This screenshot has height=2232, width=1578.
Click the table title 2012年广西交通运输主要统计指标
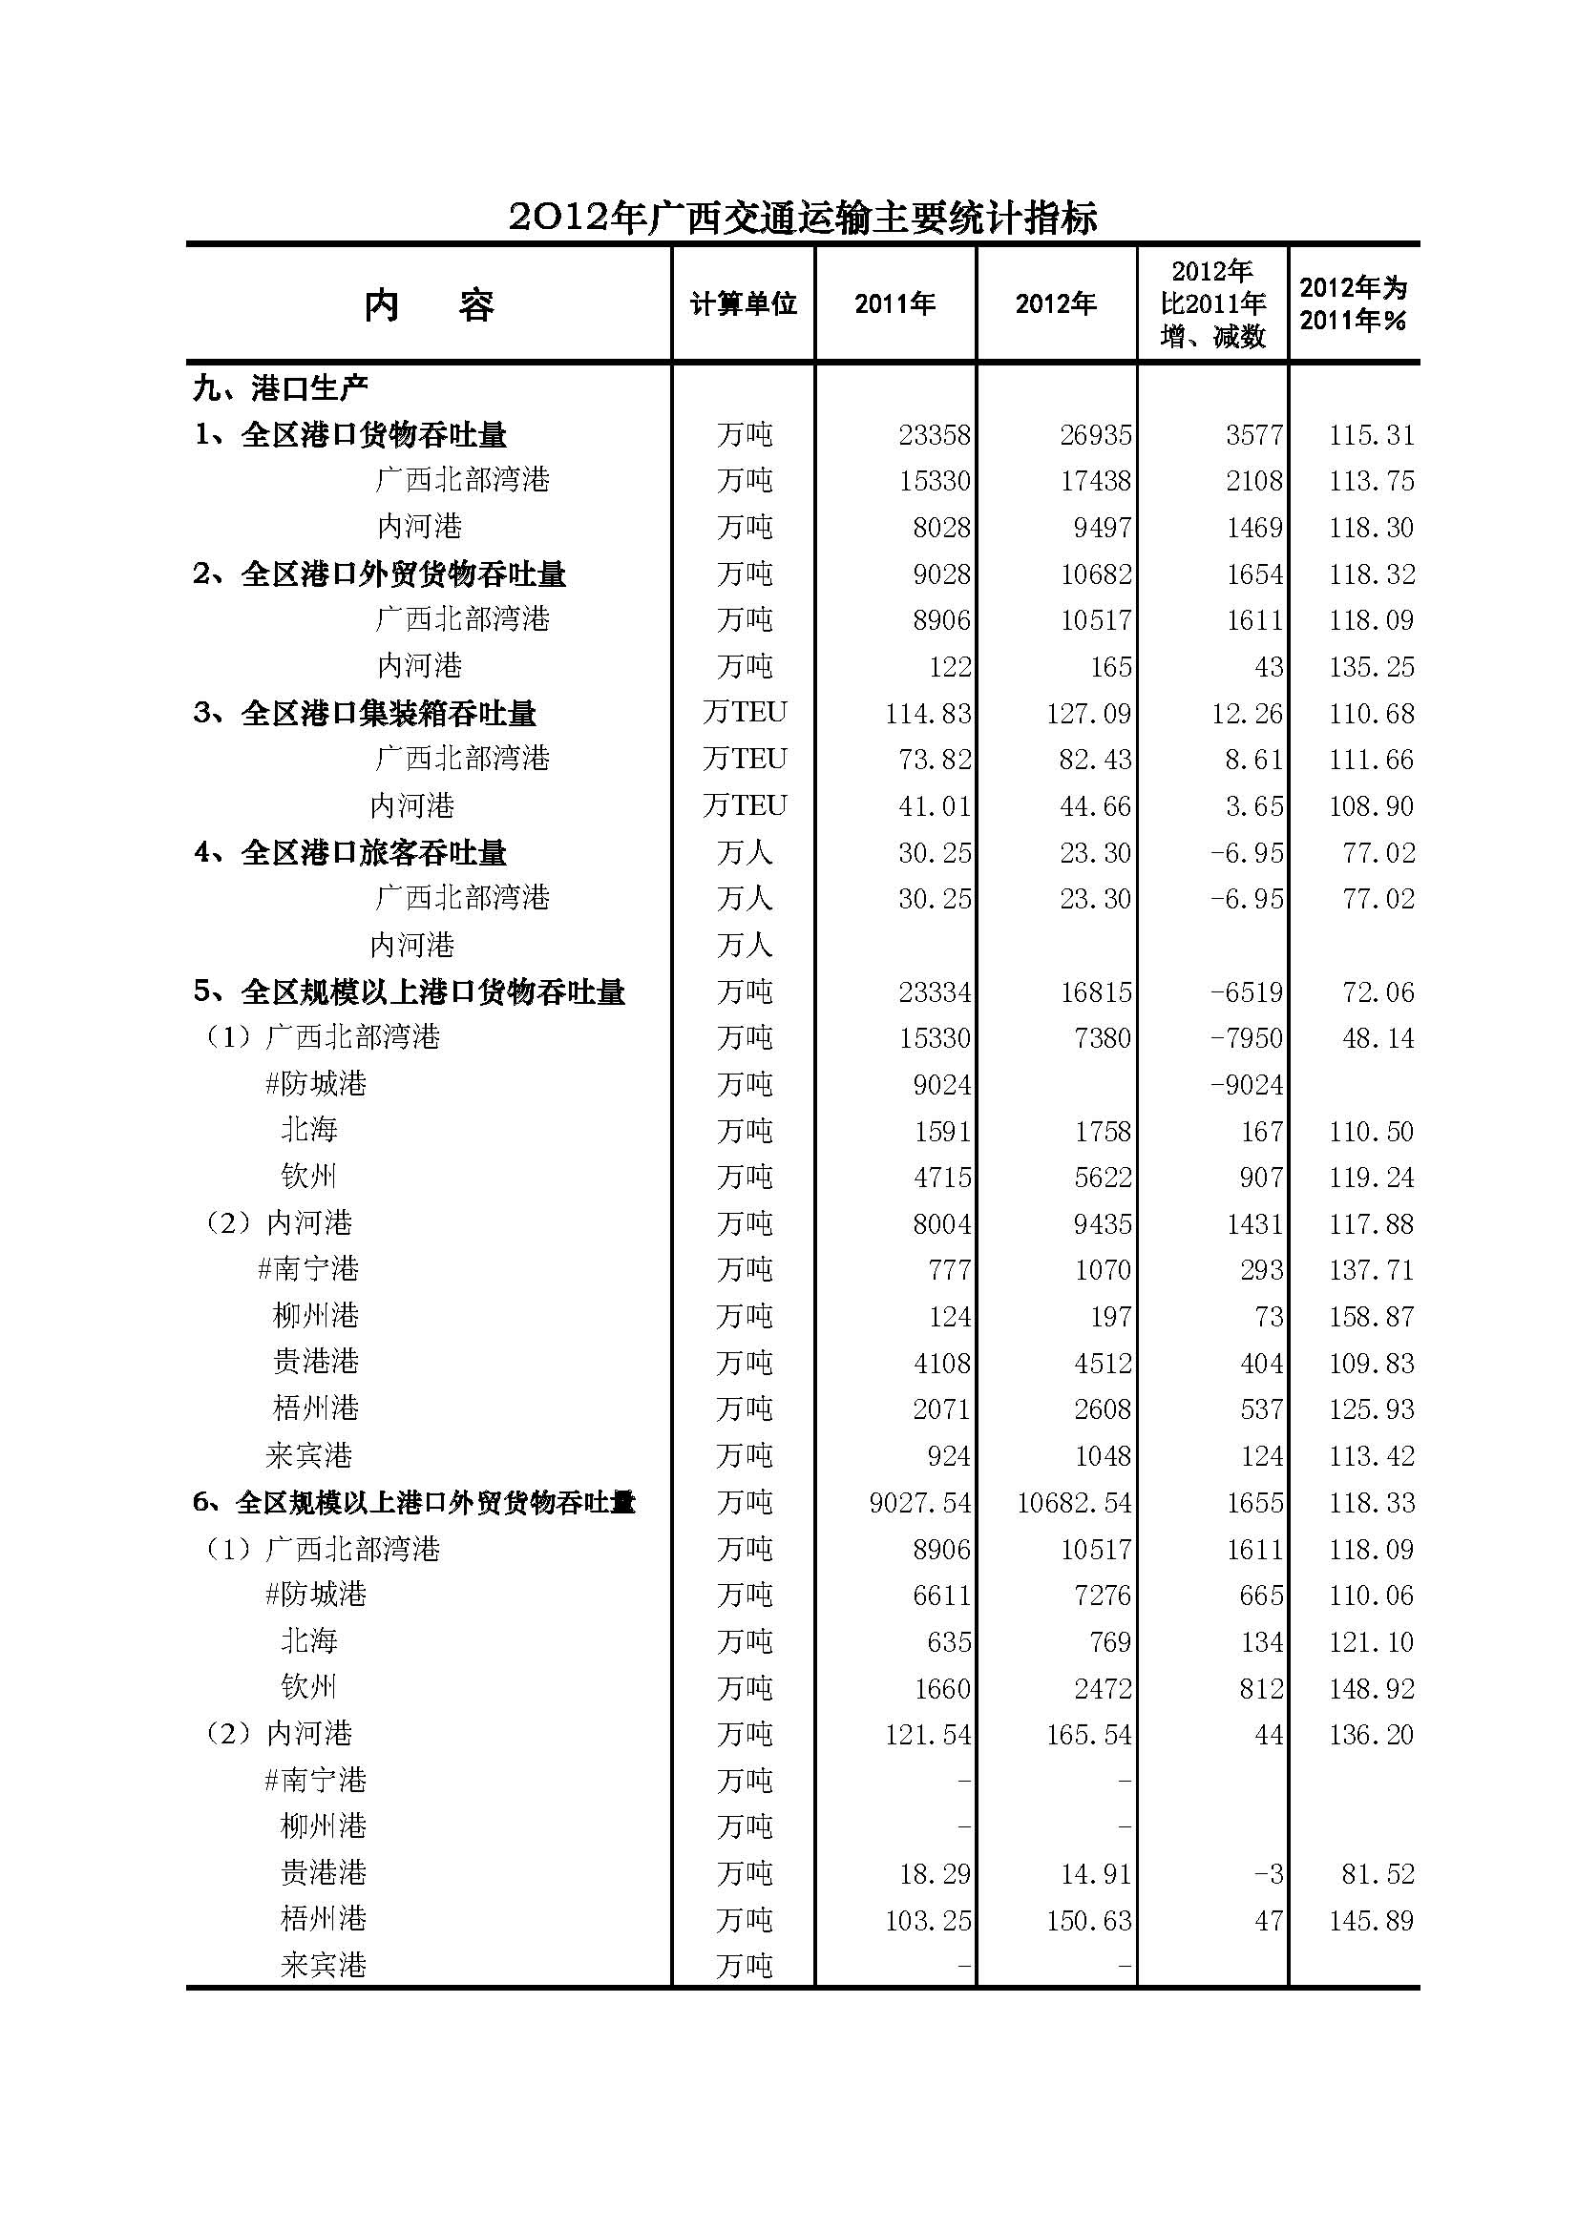(803, 217)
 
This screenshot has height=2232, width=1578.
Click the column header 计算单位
(743, 304)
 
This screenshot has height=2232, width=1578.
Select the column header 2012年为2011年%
(1353, 304)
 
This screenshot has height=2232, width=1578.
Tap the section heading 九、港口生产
(280, 387)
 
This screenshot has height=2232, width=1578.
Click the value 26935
(1096, 434)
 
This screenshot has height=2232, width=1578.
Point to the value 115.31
(1371, 434)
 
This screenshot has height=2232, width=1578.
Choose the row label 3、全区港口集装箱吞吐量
(365, 714)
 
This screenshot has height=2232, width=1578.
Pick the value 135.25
(1371, 667)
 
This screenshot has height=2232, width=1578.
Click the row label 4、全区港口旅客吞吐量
(350, 852)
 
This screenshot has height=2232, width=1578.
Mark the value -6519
(1247, 992)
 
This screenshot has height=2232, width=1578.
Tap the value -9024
(1247, 1085)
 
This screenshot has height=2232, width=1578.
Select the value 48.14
(1378, 1038)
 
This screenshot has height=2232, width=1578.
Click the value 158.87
(1371, 1317)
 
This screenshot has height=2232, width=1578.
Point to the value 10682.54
(1073, 1503)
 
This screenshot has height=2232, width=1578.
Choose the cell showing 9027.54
(918, 1503)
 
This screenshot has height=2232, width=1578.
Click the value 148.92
(1371, 1689)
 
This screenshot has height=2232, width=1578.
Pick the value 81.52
(1378, 1874)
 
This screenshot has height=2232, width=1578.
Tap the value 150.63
(1088, 1921)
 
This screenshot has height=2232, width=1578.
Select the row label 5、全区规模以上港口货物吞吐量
(409, 992)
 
